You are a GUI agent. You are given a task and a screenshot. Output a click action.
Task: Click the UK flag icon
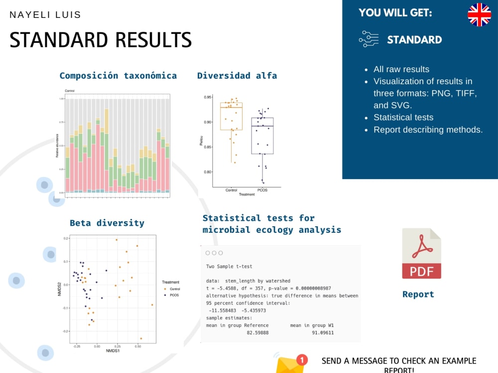click(479, 14)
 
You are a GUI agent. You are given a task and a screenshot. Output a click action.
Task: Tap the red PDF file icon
click(421, 254)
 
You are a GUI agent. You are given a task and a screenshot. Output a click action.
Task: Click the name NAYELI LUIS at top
click(45, 15)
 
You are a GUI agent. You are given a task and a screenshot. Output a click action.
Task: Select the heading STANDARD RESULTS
click(101, 40)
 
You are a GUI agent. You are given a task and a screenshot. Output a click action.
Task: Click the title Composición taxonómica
click(118, 76)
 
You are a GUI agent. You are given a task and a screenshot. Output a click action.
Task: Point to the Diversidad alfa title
click(237, 76)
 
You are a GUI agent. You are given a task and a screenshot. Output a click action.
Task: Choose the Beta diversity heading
click(107, 223)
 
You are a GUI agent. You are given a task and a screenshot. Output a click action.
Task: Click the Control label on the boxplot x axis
click(231, 190)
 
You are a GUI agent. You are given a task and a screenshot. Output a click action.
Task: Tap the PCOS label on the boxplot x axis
click(262, 190)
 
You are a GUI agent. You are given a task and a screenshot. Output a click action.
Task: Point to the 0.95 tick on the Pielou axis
click(208, 97)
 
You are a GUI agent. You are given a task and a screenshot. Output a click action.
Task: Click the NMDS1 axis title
click(113, 351)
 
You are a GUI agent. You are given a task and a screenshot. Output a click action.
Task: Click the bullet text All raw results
click(401, 69)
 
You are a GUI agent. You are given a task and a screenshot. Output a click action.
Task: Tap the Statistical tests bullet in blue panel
click(403, 117)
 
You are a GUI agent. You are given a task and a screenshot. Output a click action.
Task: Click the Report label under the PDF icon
click(418, 294)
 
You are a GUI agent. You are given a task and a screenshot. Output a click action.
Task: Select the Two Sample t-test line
click(229, 267)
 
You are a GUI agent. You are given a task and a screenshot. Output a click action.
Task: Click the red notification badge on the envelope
click(302, 360)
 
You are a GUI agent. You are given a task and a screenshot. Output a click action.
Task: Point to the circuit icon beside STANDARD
click(369, 39)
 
